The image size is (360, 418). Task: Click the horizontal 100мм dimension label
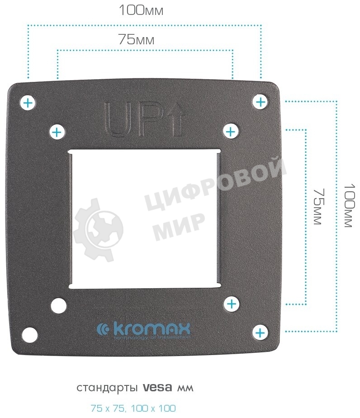[141, 10]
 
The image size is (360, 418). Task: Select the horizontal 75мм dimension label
[136, 40]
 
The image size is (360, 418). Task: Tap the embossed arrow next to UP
[177, 119]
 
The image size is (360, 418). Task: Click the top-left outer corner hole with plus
[28, 103]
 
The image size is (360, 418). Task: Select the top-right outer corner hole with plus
[260, 102]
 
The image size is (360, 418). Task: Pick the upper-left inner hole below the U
[57, 132]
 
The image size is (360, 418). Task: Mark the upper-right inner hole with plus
[231, 132]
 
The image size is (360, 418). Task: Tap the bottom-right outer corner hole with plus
[260, 333]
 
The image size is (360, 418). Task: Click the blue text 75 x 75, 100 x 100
[133, 408]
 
